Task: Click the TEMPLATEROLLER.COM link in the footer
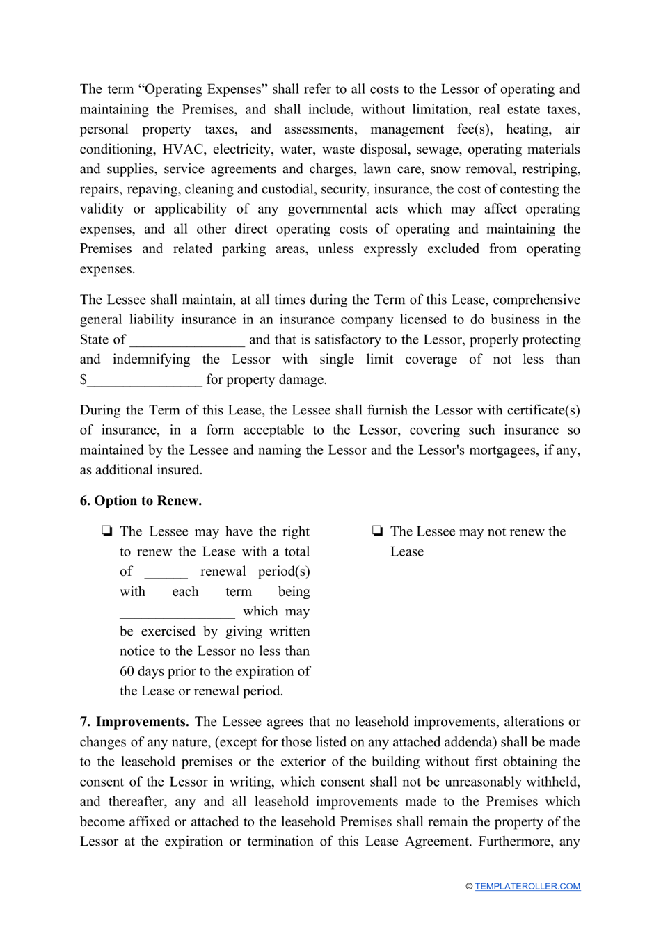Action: click(x=527, y=886)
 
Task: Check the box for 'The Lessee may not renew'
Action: click(x=377, y=532)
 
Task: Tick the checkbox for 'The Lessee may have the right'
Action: click(x=106, y=532)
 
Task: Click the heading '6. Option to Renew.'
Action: click(x=141, y=501)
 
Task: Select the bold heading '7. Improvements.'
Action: click(x=134, y=722)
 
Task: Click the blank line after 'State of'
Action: click(x=187, y=340)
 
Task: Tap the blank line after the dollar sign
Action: click(x=145, y=380)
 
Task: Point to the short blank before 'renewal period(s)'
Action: click(x=166, y=572)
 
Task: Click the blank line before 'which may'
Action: click(x=177, y=612)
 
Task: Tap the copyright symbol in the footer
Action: click(x=469, y=887)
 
